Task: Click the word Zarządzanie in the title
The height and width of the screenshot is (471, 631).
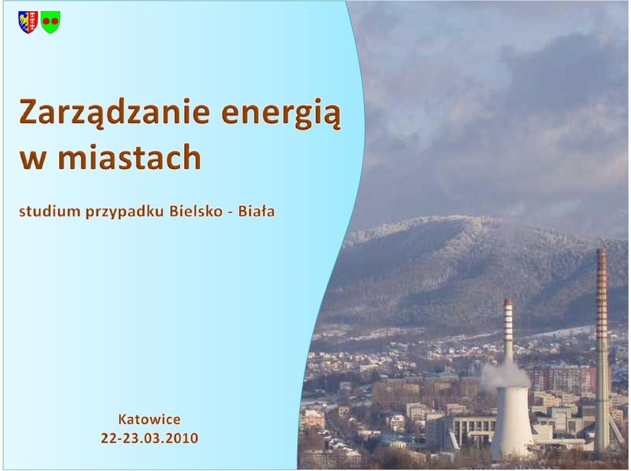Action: [114, 114]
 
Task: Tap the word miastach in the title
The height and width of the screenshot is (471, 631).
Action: [129, 157]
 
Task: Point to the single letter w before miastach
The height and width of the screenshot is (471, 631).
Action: [32, 160]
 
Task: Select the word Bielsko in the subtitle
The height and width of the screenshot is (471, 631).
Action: [196, 211]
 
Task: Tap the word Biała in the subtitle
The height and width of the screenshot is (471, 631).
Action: [256, 211]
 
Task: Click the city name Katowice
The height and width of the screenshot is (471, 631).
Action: [149, 420]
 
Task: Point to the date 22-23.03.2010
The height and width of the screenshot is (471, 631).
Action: [149, 438]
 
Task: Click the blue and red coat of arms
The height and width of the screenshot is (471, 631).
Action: [28, 22]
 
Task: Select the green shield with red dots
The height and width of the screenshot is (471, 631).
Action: [51, 22]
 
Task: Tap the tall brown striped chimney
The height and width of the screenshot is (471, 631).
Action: [602, 351]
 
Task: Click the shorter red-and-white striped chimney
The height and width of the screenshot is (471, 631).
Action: [509, 331]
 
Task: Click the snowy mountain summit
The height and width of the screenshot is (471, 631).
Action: [451, 220]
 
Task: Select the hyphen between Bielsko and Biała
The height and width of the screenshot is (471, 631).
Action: [230, 212]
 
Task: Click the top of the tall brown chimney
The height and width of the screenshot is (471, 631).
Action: [601, 249]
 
